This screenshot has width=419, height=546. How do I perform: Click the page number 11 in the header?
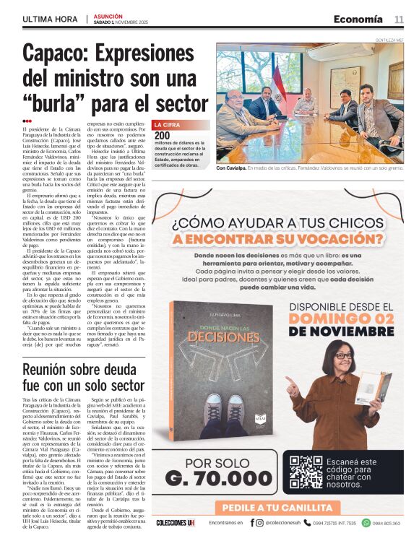398,19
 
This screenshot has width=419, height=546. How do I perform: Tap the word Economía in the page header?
358,19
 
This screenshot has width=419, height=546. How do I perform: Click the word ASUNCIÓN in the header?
108,15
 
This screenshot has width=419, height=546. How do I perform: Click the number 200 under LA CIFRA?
162,135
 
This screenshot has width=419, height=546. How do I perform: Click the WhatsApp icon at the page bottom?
366,522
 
